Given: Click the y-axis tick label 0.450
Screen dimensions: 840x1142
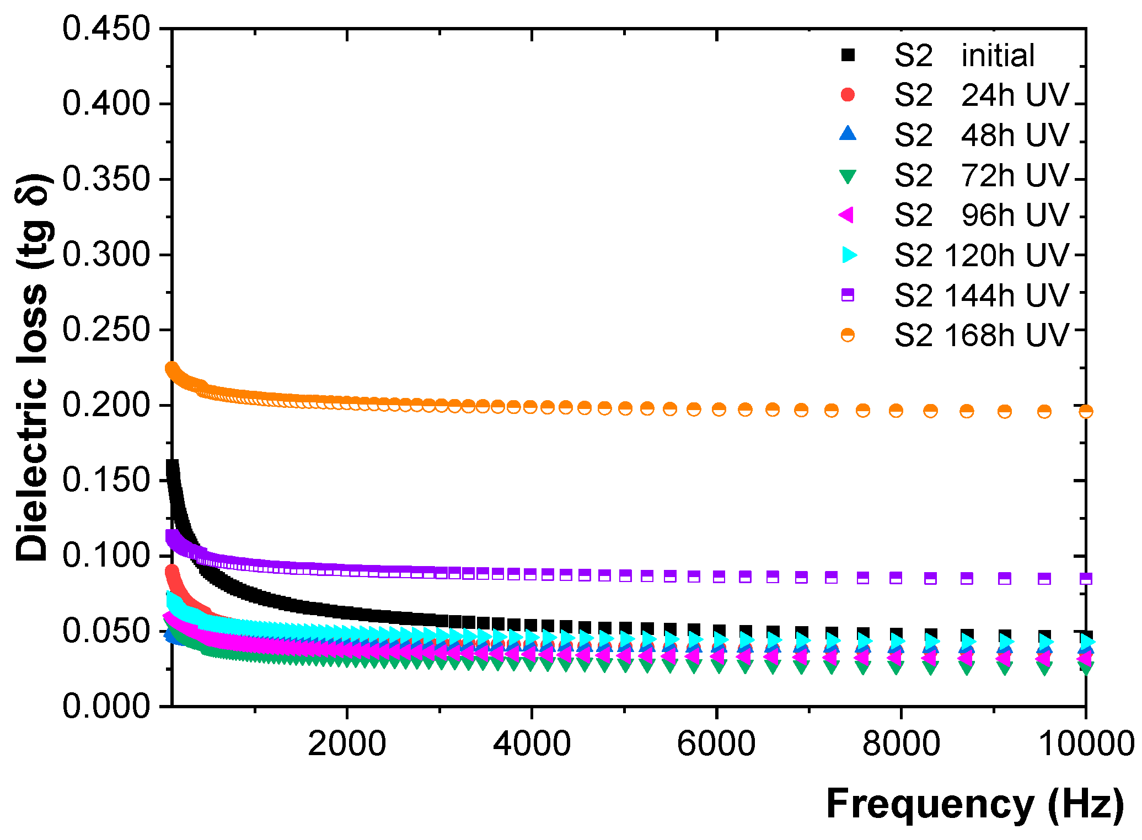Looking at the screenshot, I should (106, 29).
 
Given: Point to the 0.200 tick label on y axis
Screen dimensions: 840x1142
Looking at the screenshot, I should (106, 405).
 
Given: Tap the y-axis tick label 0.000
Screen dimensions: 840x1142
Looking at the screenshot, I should (106, 706).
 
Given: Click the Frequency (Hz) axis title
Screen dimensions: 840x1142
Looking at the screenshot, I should (974, 804).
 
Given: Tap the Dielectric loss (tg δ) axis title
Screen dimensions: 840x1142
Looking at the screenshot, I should (33, 368).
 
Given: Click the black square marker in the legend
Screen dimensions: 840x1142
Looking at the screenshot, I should (848, 55).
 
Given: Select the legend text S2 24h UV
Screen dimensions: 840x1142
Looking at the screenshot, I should (982, 95).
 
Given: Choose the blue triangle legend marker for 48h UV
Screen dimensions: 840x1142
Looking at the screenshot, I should (848, 134).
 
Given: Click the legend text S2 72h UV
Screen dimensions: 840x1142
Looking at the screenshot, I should (982, 176).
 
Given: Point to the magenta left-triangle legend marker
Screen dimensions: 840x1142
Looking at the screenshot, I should (846, 215).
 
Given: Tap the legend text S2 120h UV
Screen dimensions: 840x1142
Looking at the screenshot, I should (982, 256).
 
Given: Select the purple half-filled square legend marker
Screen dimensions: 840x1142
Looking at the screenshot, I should (848, 295).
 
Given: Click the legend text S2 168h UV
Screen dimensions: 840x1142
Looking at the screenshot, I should (982, 335).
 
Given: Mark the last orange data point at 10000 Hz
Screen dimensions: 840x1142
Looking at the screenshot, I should (1085, 411).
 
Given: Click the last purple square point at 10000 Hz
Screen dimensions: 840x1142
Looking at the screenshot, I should (1085, 579).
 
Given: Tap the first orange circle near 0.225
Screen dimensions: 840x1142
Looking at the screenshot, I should (172, 368).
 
